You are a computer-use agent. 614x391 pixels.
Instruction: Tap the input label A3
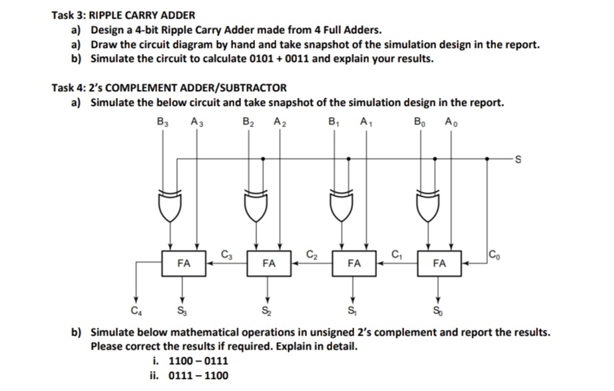click(196, 122)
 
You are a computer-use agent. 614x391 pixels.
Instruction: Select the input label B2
click(248, 122)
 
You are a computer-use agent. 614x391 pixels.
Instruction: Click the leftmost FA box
click(183, 263)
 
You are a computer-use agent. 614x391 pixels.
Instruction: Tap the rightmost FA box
click(439, 263)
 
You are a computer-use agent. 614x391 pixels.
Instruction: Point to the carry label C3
click(226, 253)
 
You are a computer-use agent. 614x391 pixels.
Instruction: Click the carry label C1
click(398, 253)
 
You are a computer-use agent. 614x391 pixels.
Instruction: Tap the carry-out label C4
click(136, 310)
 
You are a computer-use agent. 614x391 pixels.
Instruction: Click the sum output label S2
click(268, 310)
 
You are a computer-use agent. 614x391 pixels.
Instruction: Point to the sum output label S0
click(438, 310)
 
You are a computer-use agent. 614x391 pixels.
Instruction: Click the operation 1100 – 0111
click(199, 361)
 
